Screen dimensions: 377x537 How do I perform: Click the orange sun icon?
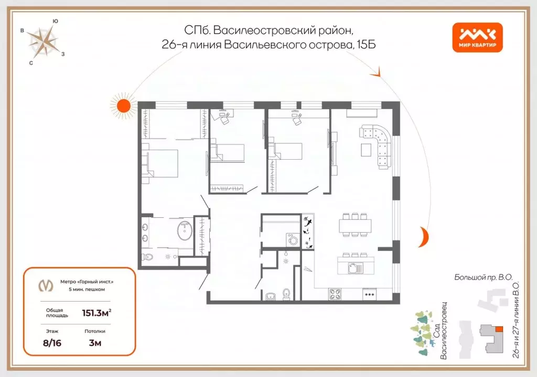click(123, 105)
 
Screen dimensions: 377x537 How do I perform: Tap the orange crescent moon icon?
click(423, 237)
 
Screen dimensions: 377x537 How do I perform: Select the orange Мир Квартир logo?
click(477, 38)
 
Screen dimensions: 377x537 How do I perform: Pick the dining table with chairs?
click(355, 226)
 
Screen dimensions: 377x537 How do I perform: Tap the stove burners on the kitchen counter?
click(335, 295)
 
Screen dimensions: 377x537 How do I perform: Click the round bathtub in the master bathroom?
click(184, 230)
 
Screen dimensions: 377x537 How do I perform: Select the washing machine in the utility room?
click(292, 240)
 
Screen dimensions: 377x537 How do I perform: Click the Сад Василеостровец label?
click(439, 330)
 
